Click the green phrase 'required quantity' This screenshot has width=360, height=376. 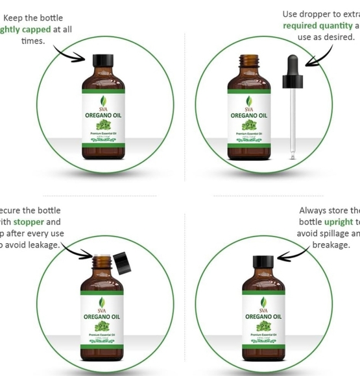click(x=317, y=26)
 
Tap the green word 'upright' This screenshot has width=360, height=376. click(x=338, y=222)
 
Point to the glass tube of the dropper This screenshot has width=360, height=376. click(x=293, y=123)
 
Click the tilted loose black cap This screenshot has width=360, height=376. click(x=122, y=263)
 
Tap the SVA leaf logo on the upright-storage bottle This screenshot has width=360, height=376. click(x=263, y=303)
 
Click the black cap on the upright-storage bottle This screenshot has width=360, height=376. click(x=263, y=263)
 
